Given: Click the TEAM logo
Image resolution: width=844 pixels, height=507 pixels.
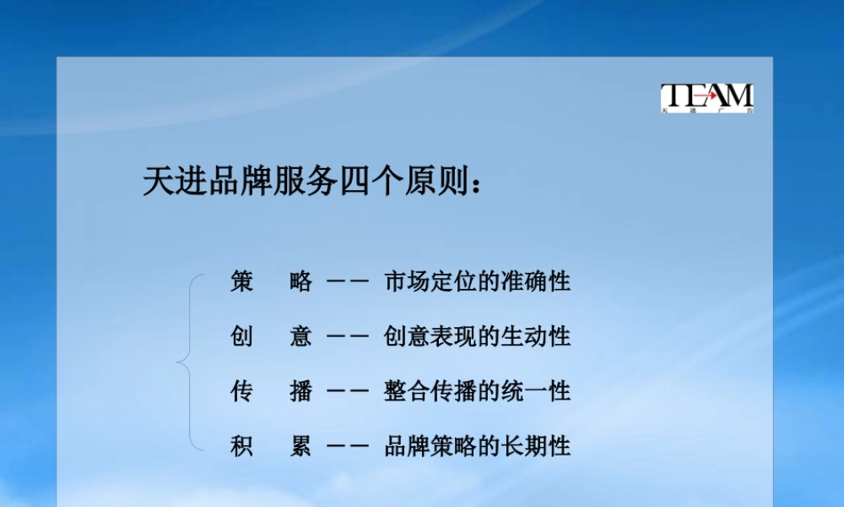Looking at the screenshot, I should tap(707, 98).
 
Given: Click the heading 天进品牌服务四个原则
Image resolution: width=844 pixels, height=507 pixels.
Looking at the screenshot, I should tap(312, 181).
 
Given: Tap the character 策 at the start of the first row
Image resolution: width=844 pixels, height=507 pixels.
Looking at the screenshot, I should tap(242, 281).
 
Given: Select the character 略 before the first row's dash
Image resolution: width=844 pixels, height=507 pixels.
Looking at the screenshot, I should tap(301, 281).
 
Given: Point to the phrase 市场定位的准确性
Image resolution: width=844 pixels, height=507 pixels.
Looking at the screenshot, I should tap(478, 281).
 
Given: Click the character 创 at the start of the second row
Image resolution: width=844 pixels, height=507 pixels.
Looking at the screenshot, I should tap(242, 336).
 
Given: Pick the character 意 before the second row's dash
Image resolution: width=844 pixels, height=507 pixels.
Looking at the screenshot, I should tap(301, 336).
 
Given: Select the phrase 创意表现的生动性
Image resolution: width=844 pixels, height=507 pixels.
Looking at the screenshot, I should tap(478, 336).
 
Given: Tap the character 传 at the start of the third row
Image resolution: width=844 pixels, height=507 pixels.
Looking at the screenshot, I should tap(242, 391).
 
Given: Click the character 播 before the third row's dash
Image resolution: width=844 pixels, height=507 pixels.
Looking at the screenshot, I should tap(301, 391).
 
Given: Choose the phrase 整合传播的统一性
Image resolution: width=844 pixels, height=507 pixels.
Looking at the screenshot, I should tap(478, 391).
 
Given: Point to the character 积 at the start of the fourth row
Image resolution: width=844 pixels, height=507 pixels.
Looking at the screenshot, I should tap(242, 445).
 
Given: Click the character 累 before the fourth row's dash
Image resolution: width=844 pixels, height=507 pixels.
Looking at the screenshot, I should tap(301, 445).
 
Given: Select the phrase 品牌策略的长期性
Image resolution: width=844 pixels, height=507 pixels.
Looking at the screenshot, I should tap(478, 445).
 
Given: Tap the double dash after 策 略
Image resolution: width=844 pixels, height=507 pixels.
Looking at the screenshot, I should tap(348, 282).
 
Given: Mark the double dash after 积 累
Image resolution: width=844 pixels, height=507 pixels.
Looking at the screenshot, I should tap(348, 446).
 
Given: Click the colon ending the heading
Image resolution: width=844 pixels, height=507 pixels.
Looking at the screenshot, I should tap(479, 184).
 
